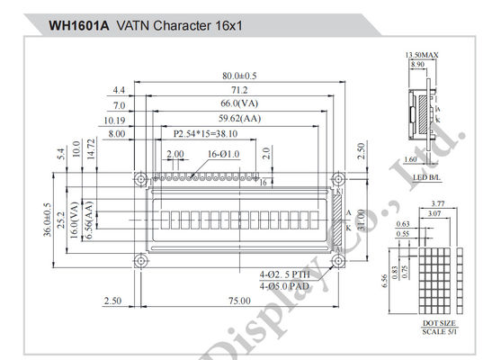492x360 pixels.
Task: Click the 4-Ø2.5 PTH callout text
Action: [x=285, y=273]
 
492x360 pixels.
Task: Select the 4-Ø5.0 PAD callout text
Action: [x=285, y=285]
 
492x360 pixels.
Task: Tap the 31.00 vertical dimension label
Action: [x=360, y=219]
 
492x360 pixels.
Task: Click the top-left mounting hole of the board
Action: [x=139, y=178]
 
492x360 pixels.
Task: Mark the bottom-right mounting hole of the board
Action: [x=338, y=261]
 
